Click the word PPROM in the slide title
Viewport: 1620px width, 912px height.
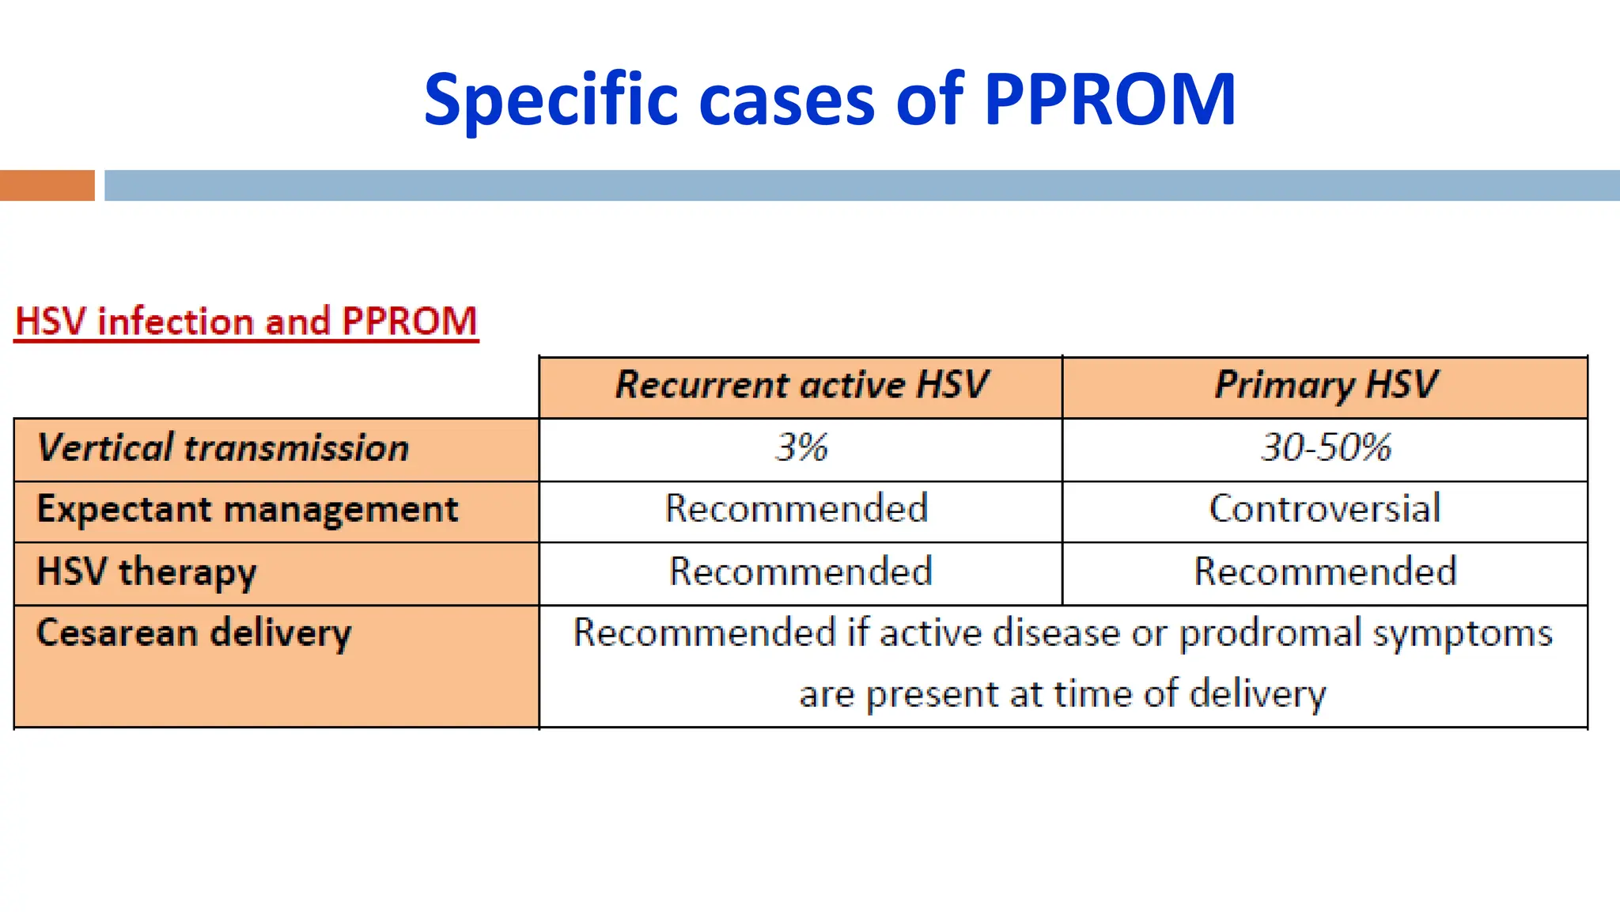pos(1109,101)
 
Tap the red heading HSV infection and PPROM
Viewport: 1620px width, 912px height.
pos(246,322)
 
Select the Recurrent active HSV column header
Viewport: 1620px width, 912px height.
pos(801,386)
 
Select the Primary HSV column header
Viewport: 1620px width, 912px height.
pos(1325,386)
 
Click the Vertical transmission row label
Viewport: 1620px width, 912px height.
pos(223,448)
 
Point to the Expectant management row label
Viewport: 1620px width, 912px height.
pos(247,510)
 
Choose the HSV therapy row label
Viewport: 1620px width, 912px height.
pos(147,572)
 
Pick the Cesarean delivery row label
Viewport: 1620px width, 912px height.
pos(194,634)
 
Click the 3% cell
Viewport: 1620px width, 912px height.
pos(801,448)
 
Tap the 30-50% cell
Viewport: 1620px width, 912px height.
pos(1325,448)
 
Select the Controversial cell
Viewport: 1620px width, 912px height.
pos(1325,509)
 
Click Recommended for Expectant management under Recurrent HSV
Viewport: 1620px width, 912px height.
pos(796,509)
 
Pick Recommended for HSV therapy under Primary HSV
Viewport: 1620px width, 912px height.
pos(1325,572)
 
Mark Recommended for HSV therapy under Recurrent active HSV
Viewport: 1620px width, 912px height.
pos(801,572)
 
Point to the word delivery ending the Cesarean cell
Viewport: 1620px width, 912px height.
pos(1257,695)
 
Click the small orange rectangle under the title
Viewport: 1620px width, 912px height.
pos(47,185)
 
